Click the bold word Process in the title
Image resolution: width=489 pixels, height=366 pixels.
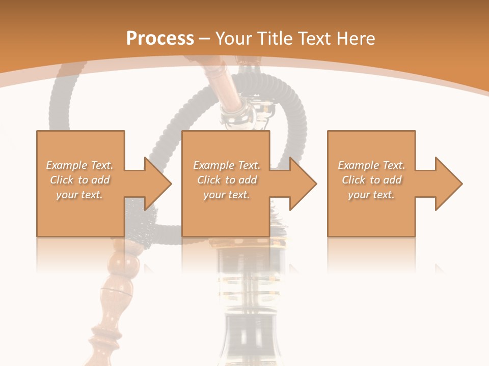click(x=160, y=38)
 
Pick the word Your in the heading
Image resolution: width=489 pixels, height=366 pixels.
click(x=234, y=38)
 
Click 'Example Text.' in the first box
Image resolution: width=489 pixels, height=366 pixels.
click(x=79, y=165)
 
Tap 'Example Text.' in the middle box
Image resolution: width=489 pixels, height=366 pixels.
click(x=227, y=165)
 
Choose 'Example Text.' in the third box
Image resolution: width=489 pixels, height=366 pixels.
click(x=371, y=165)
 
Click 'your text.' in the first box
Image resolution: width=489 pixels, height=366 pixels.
click(x=79, y=195)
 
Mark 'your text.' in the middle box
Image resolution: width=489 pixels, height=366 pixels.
click(x=227, y=195)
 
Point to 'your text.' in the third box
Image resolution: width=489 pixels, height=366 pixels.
click(x=371, y=195)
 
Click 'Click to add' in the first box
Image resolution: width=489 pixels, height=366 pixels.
click(x=79, y=180)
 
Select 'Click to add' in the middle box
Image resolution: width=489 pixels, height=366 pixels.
click(x=227, y=180)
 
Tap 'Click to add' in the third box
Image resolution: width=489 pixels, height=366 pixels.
click(x=371, y=180)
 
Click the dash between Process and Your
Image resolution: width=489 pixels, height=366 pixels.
click(x=204, y=39)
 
